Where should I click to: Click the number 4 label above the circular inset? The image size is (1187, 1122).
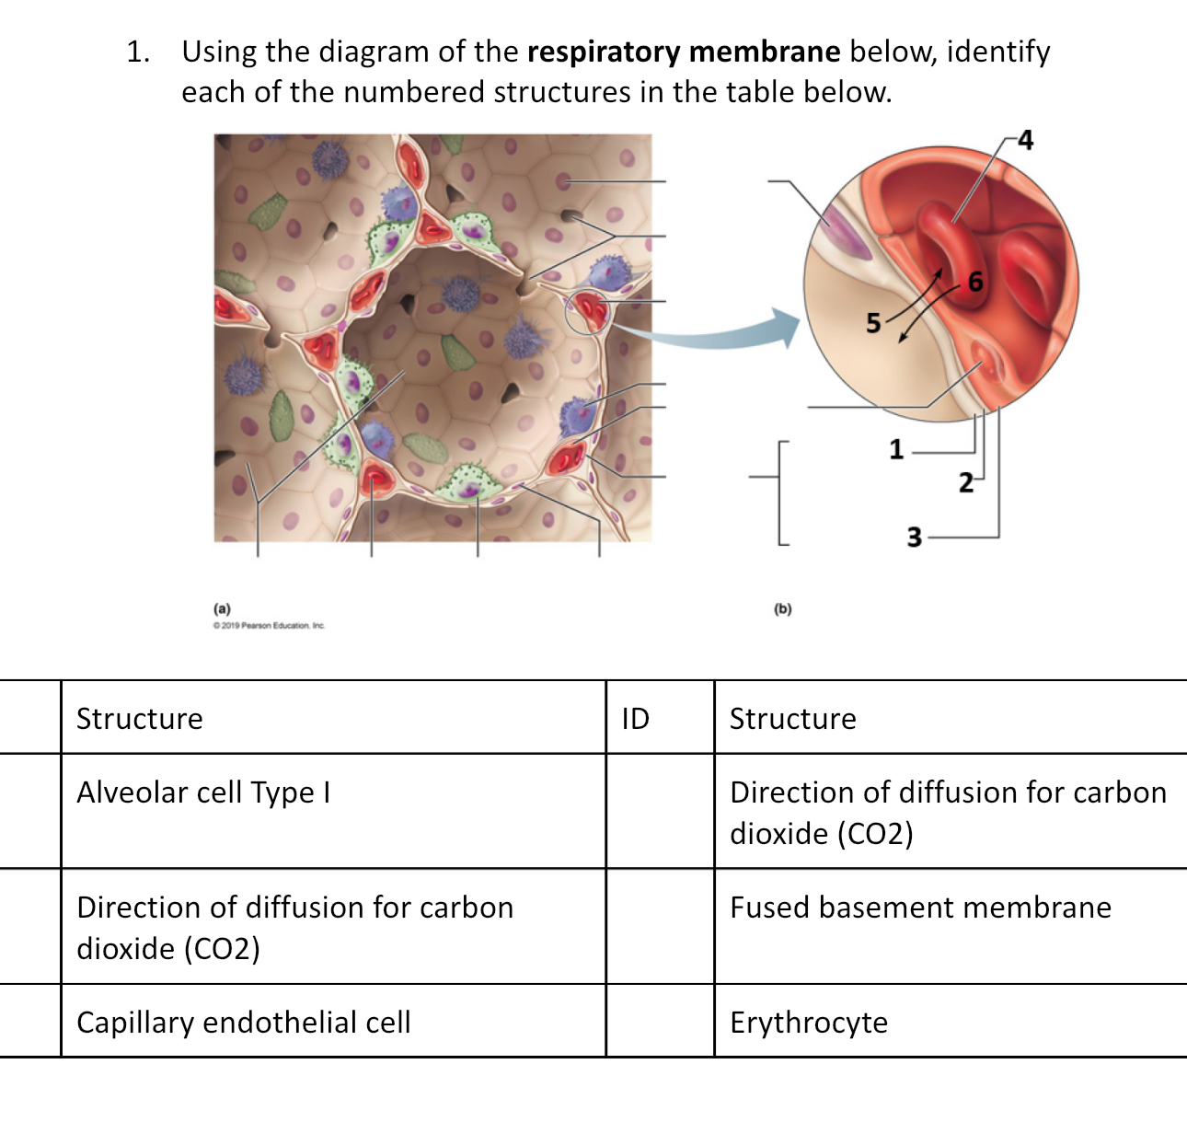point(1025,140)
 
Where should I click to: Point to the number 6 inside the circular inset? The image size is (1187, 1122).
point(975,282)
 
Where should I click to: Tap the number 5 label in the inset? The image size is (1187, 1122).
point(873,323)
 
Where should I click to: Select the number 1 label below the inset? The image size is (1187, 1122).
point(896,449)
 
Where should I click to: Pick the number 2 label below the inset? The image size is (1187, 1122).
point(965,482)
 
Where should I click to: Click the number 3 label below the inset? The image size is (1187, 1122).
point(914,537)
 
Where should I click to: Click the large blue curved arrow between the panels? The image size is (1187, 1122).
point(709,333)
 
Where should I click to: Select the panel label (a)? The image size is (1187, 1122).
point(222,608)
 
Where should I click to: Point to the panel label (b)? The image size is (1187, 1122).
point(782,608)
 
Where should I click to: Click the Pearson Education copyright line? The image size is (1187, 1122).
point(269,626)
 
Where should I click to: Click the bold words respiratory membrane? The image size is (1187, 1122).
point(683,52)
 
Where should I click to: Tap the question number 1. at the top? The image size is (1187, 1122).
point(138,52)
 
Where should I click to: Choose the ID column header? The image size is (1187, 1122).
point(635,719)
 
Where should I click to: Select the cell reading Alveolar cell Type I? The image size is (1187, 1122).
point(203,792)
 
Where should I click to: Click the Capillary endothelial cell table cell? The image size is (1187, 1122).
point(244,1023)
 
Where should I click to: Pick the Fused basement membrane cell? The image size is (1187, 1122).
point(920,908)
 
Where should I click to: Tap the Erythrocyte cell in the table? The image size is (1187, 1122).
point(809,1023)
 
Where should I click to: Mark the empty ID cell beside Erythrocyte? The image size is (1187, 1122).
point(660,1021)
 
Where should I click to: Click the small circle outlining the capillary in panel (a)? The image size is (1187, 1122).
point(586,312)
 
